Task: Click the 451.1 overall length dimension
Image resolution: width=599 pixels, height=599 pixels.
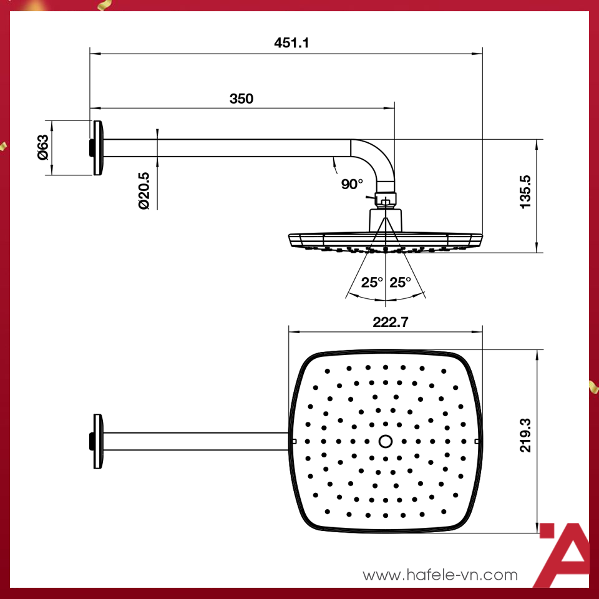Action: point(292,43)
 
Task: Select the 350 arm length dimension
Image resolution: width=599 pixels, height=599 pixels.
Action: point(241,99)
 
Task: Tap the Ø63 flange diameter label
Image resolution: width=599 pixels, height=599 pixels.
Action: point(42,147)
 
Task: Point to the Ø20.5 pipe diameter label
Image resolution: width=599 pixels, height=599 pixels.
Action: point(144,191)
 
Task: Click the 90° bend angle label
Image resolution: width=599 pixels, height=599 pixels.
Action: point(352,184)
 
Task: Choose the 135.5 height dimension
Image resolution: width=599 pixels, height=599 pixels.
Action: point(525,192)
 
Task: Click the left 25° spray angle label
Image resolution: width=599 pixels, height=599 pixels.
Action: point(371,282)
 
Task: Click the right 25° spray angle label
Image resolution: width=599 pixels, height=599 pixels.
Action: point(400,282)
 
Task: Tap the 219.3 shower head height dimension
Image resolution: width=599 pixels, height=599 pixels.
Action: point(525,436)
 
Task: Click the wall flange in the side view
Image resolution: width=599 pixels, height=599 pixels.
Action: point(97,148)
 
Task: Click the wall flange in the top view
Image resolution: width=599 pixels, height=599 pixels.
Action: point(97,441)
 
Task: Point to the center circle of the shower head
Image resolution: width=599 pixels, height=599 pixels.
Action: point(386,441)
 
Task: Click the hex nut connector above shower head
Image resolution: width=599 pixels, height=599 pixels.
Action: point(386,200)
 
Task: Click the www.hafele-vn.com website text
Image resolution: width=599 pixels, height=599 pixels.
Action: point(441,575)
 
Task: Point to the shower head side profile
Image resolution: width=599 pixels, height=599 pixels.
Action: point(386,241)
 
